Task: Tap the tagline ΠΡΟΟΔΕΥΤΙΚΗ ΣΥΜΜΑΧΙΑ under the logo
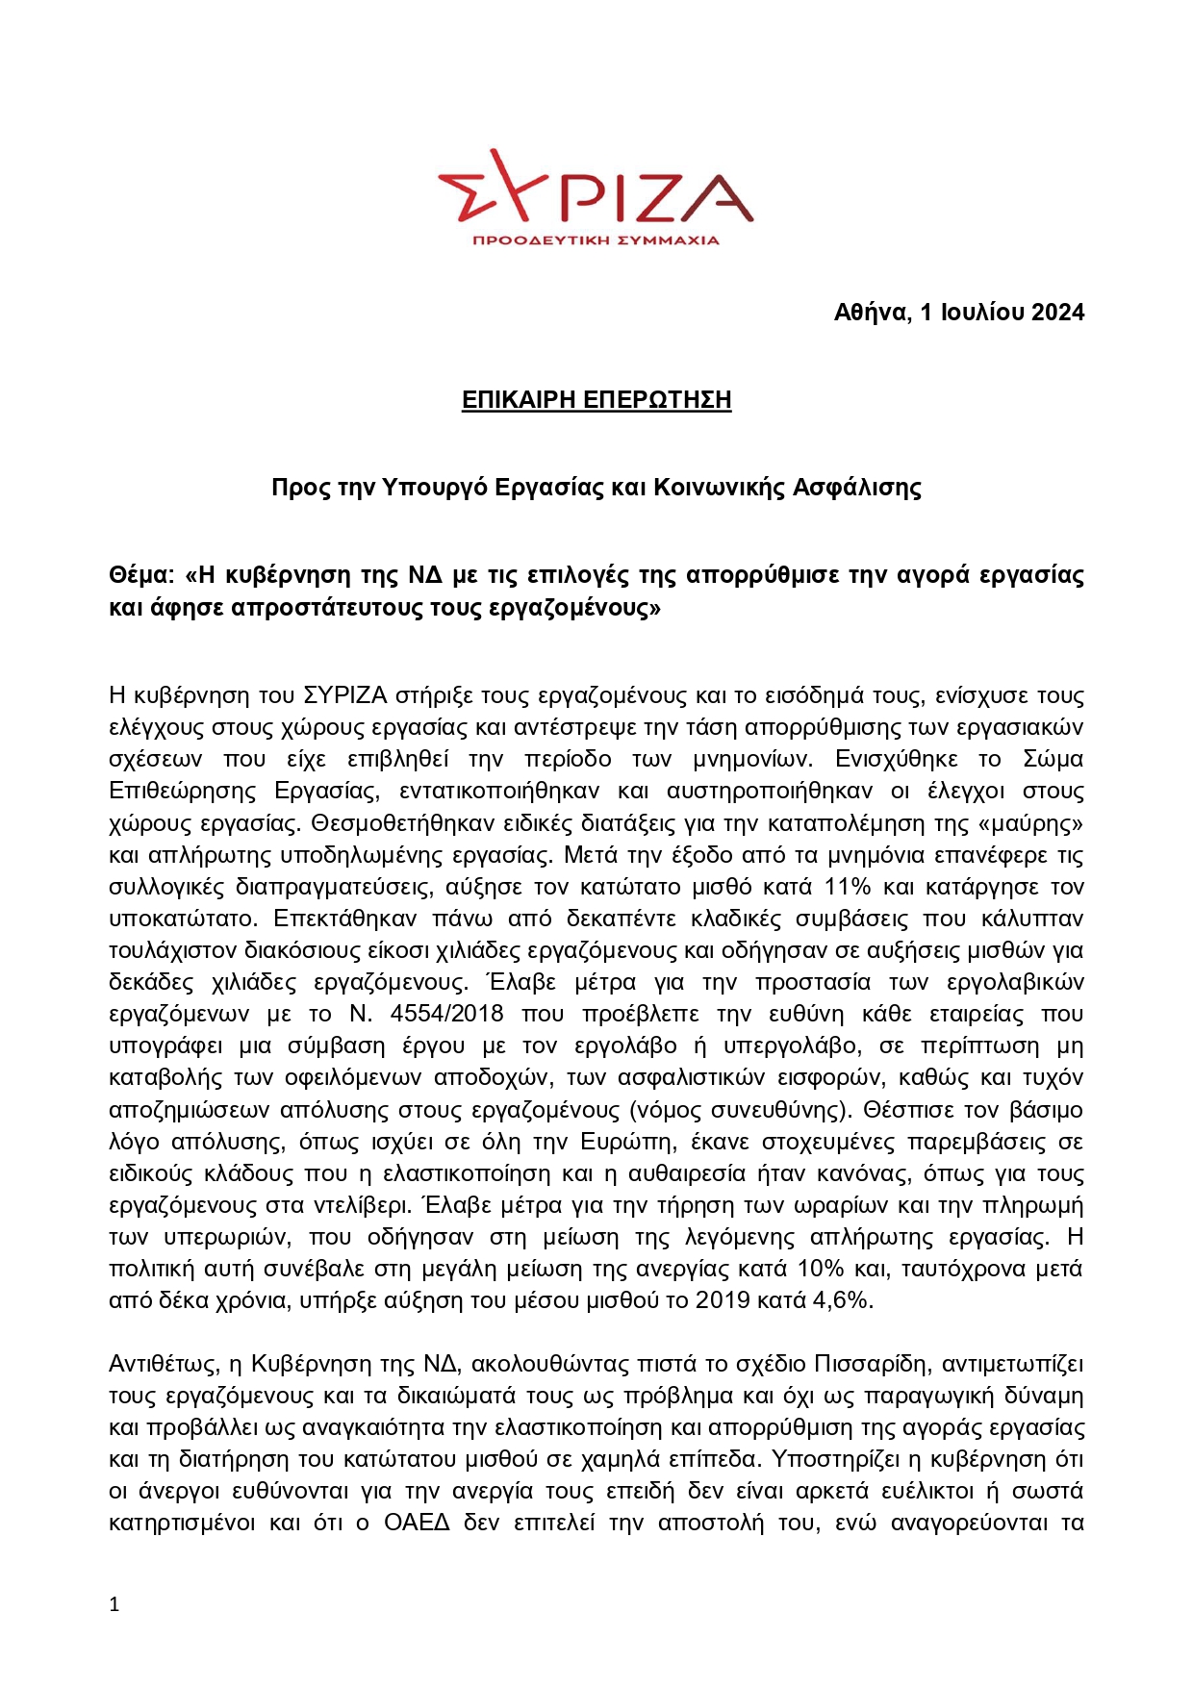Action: click(596, 239)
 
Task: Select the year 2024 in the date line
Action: click(1057, 313)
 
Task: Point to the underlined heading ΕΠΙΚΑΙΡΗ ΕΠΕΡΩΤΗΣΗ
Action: click(596, 400)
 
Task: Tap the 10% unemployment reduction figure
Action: click(820, 1269)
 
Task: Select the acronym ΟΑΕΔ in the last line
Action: click(417, 1523)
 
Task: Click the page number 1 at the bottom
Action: click(114, 1604)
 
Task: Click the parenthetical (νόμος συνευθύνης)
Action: click(740, 1110)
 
